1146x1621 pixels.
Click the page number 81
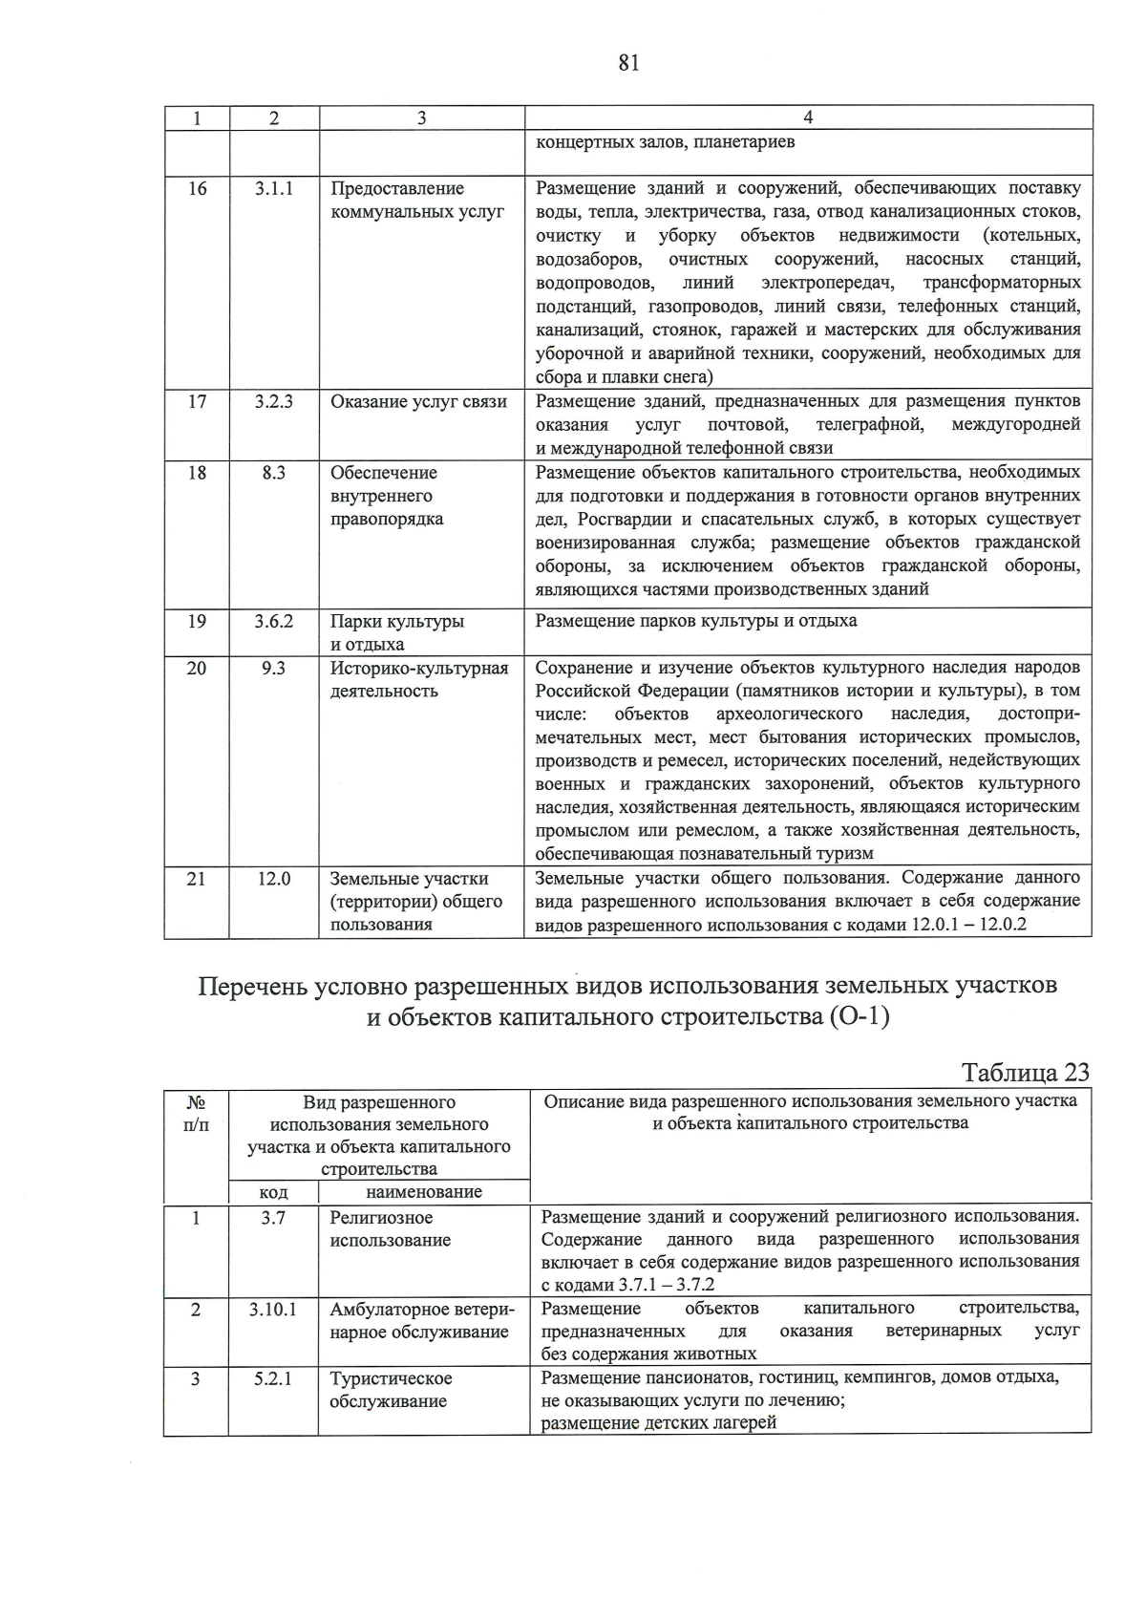tap(628, 63)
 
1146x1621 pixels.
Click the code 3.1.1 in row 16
tap(273, 189)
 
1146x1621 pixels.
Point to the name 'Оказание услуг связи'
tap(418, 401)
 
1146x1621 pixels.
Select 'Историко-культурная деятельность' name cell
tap(418, 679)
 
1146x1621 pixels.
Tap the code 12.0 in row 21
tap(273, 879)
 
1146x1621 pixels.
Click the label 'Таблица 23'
tap(1025, 1072)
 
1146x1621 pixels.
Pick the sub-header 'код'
tap(273, 1192)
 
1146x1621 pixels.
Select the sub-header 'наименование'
tap(423, 1191)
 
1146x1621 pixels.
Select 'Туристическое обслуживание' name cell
tap(391, 1390)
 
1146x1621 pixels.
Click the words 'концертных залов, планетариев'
tap(665, 143)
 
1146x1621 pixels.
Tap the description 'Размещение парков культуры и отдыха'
tap(695, 621)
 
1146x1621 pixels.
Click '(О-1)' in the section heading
tap(858, 1018)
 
